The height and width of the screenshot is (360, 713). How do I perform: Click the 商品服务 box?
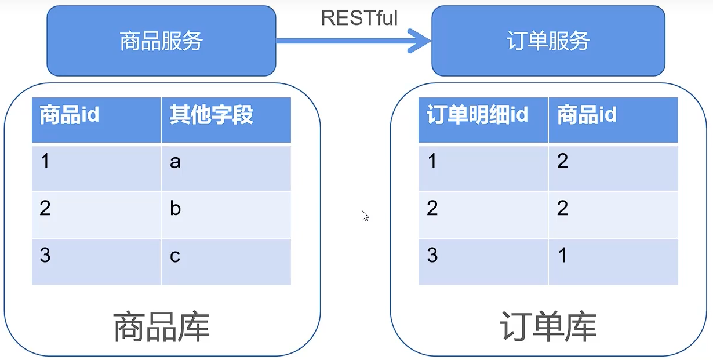[x=161, y=41]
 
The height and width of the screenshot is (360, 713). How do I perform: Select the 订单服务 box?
[x=548, y=41]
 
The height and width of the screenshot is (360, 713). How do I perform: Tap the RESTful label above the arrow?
[x=359, y=18]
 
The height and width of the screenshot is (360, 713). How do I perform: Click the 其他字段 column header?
[x=226, y=119]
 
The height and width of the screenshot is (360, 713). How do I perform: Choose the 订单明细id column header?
[x=483, y=119]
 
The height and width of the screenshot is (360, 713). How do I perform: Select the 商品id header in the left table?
[x=96, y=119]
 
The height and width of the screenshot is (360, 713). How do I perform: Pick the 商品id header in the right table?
[x=613, y=119]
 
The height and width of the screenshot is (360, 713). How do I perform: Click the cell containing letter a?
[x=226, y=168]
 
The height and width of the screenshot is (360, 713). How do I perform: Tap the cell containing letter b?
[x=226, y=215]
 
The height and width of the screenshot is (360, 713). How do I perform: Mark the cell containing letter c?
[x=226, y=261]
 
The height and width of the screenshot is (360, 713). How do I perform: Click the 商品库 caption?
[x=161, y=326]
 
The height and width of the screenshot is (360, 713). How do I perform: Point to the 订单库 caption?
[x=548, y=326]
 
